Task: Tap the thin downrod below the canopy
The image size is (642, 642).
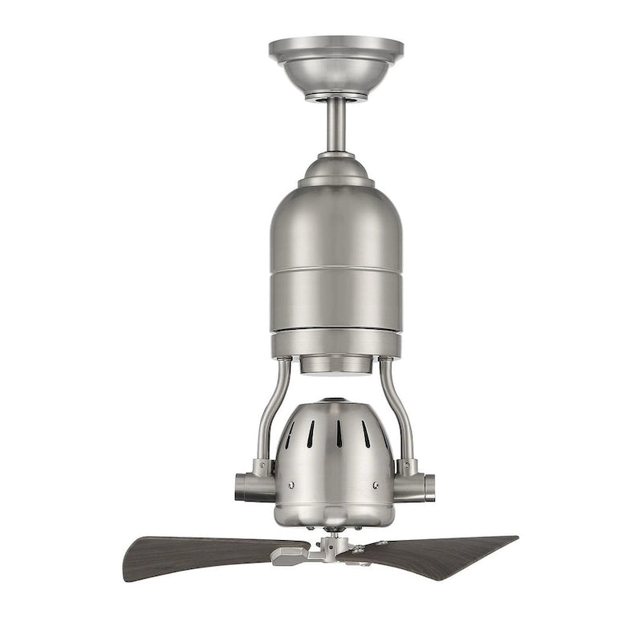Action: (x=336, y=124)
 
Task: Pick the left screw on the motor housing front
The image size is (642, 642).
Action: (x=291, y=485)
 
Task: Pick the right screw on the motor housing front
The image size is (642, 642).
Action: (x=376, y=485)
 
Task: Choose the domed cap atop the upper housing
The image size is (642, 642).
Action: (x=336, y=170)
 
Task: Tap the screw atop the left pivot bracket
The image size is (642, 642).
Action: (x=260, y=463)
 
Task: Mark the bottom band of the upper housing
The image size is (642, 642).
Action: (x=335, y=343)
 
